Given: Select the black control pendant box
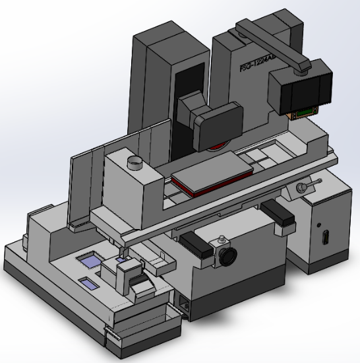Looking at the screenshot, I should pyautogui.click(x=303, y=87).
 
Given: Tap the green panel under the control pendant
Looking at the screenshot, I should pyautogui.click(x=304, y=114).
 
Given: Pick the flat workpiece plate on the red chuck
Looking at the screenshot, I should pyautogui.click(x=212, y=170).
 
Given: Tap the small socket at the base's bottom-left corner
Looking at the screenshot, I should pyautogui.click(x=185, y=305).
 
